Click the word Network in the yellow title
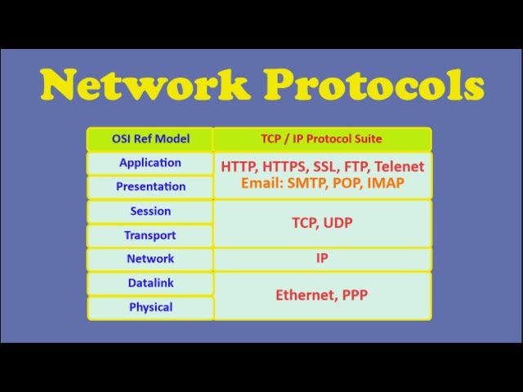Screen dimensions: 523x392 pyautogui.click(x=145, y=84)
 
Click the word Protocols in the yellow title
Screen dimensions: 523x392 pyautogui.click(x=374, y=84)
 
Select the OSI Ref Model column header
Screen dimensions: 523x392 pyautogui.click(x=150, y=139)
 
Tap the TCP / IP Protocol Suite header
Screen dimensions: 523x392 pyautogui.click(x=322, y=139)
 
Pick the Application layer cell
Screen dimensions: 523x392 pyautogui.click(x=150, y=163)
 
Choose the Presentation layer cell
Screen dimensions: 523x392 pyautogui.click(x=150, y=187)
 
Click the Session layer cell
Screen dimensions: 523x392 pyautogui.click(x=150, y=212)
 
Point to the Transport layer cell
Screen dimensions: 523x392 pyautogui.click(x=150, y=235)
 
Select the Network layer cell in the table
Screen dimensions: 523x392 pyautogui.click(x=150, y=259)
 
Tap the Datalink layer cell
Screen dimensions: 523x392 pyautogui.click(x=150, y=283)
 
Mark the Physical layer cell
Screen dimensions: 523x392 pyautogui.click(x=150, y=307)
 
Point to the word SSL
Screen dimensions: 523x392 pyautogui.click(x=324, y=167)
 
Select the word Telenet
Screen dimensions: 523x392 pyautogui.click(x=400, y=167)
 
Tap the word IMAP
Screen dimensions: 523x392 pyautogui.click(x=386, y=183)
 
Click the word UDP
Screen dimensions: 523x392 pyautogui.click(x=337, y=223)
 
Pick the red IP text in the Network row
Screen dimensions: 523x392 pyautogui.click(x=322, y=258)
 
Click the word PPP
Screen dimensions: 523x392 pyautogui.click(x=355, y=295)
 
